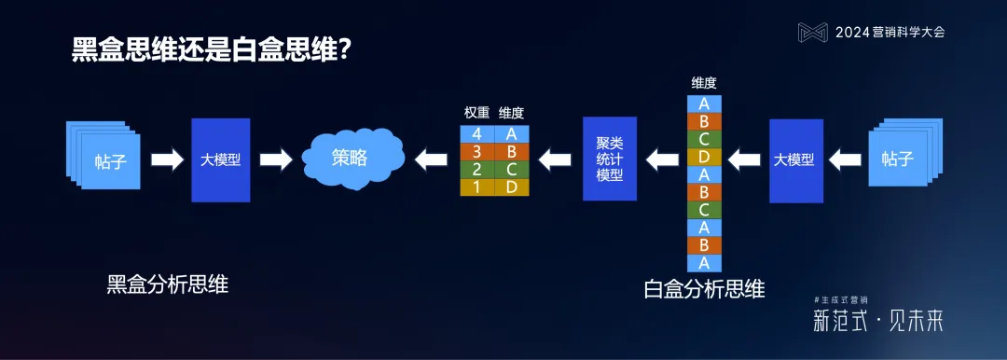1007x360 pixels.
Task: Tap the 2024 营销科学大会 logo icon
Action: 812,33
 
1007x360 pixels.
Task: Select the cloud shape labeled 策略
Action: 352,159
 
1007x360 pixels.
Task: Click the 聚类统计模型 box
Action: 609,159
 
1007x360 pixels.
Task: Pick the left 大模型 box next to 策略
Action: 221,159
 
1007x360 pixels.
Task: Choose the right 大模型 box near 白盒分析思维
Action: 795,159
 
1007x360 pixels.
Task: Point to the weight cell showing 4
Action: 477,133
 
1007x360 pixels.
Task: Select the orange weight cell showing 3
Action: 477,151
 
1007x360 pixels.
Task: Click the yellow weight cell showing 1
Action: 477,187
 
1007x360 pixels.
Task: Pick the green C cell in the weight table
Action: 511,169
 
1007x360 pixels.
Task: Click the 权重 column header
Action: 476,113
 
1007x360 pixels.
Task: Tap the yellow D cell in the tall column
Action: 704,156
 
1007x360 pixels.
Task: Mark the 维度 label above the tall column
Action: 704,83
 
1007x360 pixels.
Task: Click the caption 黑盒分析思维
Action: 168,284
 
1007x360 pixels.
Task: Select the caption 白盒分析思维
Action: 704,288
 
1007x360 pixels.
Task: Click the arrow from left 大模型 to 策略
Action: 276,159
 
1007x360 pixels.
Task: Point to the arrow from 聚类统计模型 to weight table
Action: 556,159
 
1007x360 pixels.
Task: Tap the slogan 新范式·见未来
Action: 877,322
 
